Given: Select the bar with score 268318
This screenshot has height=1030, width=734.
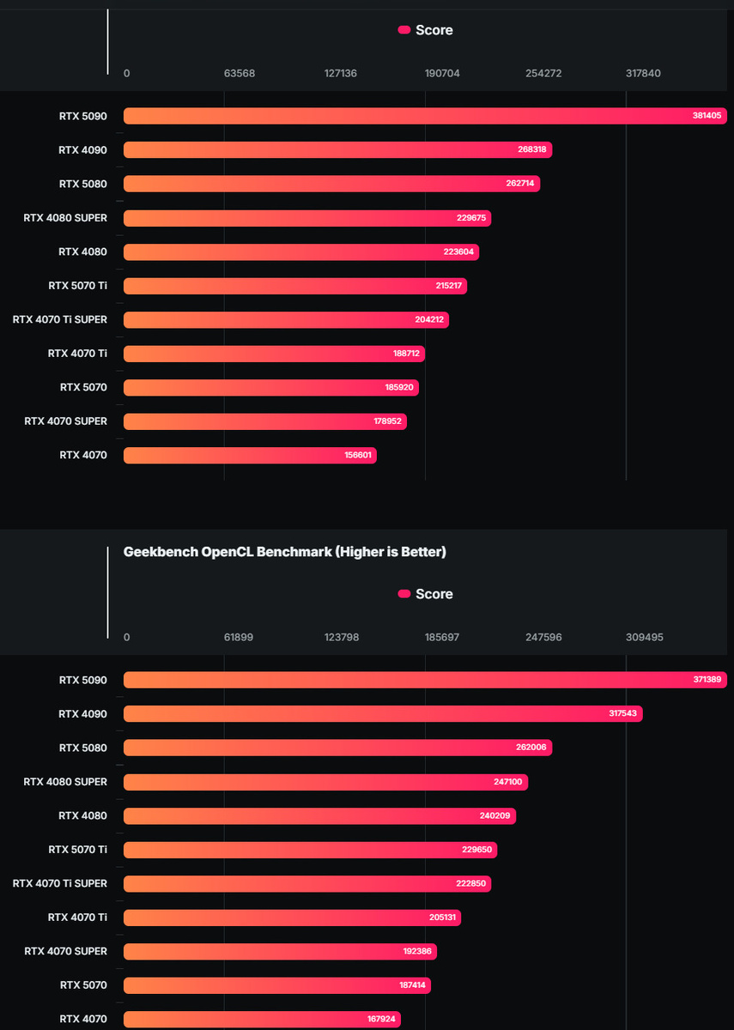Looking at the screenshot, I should coord(337,149).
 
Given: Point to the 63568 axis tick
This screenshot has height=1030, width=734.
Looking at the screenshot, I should coord(240,74).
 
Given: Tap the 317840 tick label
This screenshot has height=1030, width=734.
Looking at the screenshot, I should coord(643,74).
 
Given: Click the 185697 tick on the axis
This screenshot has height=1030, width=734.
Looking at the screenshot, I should coord(441,638).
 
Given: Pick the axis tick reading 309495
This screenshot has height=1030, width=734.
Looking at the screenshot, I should coord(645,638).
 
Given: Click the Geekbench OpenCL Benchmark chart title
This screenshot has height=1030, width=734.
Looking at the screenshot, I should coord(285,552).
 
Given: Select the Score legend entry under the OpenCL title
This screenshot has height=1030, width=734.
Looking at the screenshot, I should coord(426,594).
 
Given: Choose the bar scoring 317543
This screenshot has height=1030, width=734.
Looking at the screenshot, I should coord(383,713).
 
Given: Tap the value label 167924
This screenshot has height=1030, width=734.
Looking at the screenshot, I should coord(381,1019).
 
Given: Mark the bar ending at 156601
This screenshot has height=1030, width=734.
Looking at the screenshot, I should coord(250,455).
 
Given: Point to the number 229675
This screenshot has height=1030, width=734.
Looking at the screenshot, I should coord(471,218).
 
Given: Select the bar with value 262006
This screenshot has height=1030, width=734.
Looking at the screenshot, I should coord(337,748).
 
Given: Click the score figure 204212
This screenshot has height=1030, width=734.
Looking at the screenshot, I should coord(429,319).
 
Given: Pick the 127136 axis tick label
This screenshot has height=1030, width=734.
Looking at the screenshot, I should coord(341,74).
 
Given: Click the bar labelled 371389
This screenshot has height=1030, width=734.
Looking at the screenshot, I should coord(425,680).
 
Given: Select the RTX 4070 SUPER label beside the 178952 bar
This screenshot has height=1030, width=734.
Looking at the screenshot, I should coord(66,421).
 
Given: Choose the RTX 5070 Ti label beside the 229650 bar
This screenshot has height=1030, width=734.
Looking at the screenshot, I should coord(78,850).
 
